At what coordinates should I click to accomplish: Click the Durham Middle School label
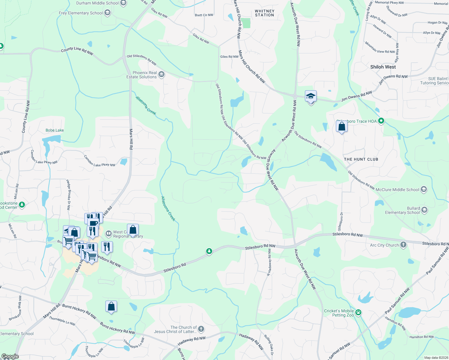click(x=97, y=3)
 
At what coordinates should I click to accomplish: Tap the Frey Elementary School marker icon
click(x=107, y=13)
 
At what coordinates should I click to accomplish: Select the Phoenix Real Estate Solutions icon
click(x=161, y=74)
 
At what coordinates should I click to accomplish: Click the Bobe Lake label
click(x=55, y=130)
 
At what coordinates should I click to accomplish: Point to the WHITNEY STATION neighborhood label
click(x=264, y=13)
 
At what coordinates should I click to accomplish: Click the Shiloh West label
click(x=383, y=67)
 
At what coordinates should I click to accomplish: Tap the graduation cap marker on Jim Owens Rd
click(x=311, y=97)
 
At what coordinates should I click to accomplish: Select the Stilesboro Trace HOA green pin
click(x=381, y=121)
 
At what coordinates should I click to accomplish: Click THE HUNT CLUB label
click(x=361, y=159)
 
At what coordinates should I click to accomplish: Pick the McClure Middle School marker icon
click(x=423, y=189)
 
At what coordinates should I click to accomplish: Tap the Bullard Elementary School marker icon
click(x=424, y=210)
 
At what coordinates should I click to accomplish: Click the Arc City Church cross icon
click(x=403, y=245)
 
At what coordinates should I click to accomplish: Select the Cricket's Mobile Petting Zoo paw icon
click(x=358, y=313)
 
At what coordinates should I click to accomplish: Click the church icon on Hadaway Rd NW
click(x=201, y=329)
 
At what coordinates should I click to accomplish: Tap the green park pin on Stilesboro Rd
click(x=209, y=251)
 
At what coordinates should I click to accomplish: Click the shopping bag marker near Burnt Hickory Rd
click(x=111, y=307)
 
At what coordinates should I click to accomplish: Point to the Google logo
click(x=10, y=356)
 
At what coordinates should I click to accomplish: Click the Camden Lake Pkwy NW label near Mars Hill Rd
click(x=99, y=161)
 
